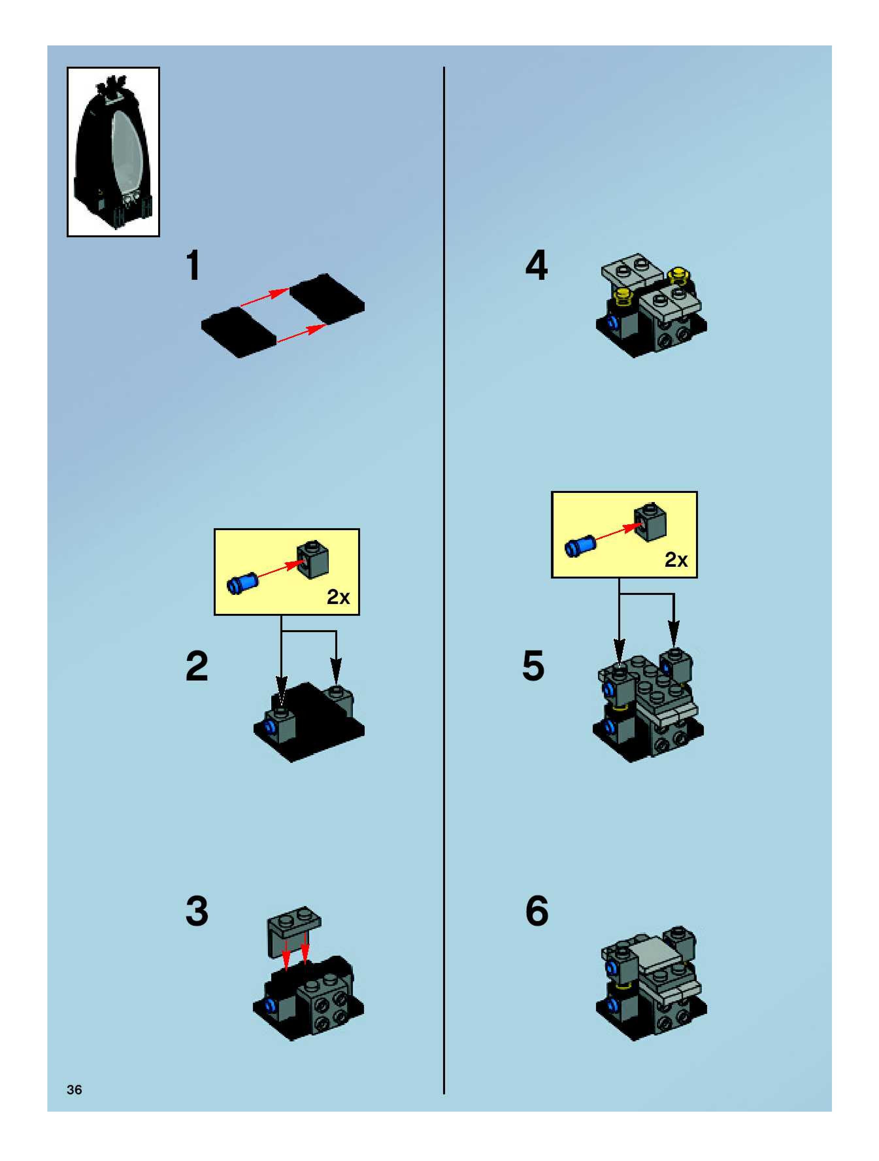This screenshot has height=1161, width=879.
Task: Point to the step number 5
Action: click(x=533, y=666)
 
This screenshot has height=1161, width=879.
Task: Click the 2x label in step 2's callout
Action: click(x=338, y=597)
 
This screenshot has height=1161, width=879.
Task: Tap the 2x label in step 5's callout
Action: click(x=676, y=560)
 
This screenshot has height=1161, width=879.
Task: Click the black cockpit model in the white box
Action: click(x=113, y=152)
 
